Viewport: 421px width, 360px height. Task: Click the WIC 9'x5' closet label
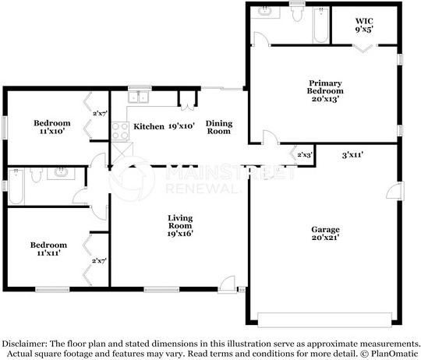pos(364,25)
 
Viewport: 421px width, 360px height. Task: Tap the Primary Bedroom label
pos(325,91)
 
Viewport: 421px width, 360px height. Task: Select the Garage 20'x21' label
pos(325,234)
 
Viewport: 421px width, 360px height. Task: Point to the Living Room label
pos(180,226)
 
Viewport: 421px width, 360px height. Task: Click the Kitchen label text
pos(149,126)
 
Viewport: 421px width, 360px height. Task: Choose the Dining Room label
pos(219,127)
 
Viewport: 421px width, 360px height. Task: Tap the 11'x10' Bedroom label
pos(52,127)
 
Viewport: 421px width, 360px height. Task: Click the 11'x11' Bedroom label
pos(48,249)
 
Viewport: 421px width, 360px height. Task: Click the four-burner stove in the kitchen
pos(120,131)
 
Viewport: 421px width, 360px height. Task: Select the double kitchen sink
pos(138,97)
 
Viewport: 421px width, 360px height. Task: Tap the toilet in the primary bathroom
pos(297,13)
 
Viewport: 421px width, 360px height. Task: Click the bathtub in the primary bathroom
pos(321,25)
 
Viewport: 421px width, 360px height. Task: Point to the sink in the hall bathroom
pos(61,173)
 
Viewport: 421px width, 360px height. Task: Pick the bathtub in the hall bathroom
pos(16,186)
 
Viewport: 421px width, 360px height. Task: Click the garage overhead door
pos(324,319)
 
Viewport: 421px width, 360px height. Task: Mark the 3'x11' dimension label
pos(352,155)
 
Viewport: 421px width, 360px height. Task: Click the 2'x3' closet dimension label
pos(305,155)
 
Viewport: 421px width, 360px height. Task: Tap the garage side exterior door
pos(395,190)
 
